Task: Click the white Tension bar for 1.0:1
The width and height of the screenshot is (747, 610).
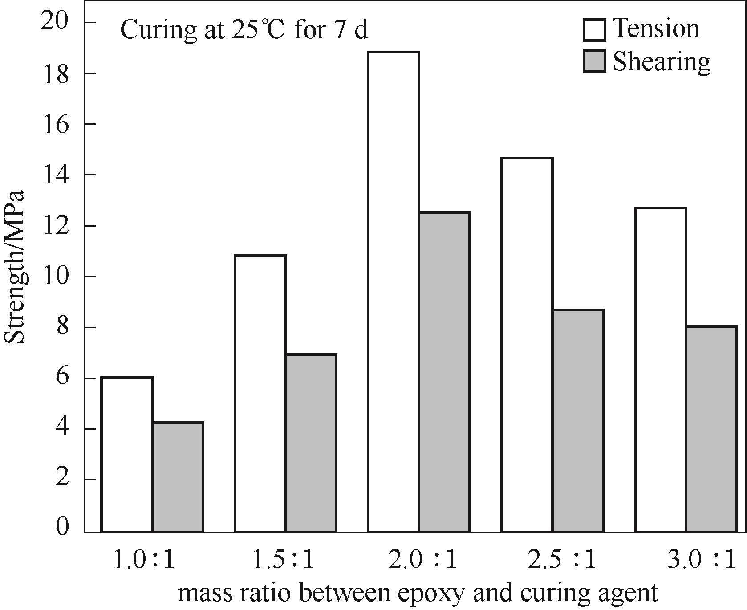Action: click(127, 454)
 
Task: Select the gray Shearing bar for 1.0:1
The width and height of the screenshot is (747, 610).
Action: click(178, 476)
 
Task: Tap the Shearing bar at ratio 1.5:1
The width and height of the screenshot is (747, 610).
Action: click(311, 443)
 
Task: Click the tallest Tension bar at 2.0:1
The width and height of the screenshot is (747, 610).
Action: click(394, 292)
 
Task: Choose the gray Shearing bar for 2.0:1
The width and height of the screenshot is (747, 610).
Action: click(444, 372)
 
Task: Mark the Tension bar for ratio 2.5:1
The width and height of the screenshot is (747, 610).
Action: click(527, 345)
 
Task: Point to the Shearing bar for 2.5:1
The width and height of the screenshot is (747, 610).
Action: click(578, 420)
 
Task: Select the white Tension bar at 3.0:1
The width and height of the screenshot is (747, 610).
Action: click(661, 370)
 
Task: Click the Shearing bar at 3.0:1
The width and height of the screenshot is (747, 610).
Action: click(711, 429)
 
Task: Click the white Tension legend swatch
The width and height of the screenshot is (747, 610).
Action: click(594, 29)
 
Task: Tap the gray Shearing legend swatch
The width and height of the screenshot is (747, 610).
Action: click(594, 61)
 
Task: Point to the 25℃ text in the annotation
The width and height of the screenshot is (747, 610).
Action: click(257, 30)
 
